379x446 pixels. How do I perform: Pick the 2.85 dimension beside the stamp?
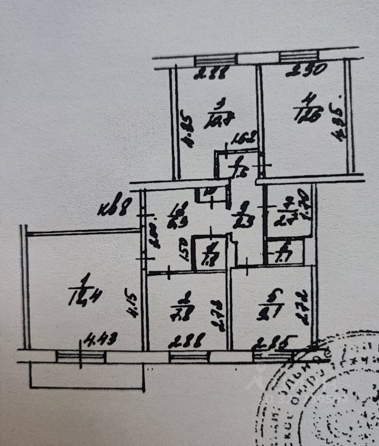(273, 344)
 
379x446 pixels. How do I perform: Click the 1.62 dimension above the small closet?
(243, 138)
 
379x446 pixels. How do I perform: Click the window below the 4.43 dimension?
(80, 356)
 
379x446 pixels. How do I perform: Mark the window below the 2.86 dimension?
(188, 356)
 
